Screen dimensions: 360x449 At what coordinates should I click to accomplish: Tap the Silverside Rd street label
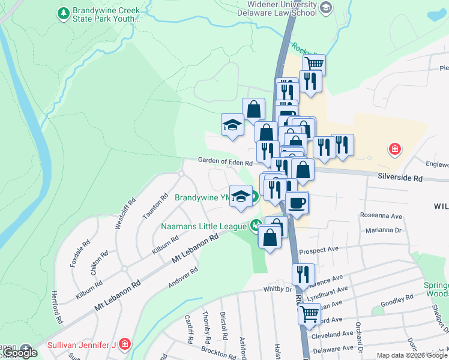400,178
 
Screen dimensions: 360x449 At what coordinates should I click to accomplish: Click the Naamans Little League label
204,226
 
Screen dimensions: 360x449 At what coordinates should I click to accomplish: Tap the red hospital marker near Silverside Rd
394,149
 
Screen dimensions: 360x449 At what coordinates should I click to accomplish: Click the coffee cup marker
297,202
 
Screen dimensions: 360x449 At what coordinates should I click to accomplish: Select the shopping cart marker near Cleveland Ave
309,313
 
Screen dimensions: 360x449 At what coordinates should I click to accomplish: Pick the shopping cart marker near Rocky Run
314,64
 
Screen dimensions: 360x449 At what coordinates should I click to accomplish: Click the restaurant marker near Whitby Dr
303,274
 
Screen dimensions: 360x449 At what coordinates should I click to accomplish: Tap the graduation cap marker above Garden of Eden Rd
232,125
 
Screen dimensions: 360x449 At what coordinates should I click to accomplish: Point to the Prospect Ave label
319,249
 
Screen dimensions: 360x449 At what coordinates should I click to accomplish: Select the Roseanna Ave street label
381,215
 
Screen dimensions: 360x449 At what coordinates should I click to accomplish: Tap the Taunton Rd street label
162,205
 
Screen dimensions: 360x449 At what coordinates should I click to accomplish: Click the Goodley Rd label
397,298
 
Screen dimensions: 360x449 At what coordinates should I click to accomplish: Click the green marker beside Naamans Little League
256,226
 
